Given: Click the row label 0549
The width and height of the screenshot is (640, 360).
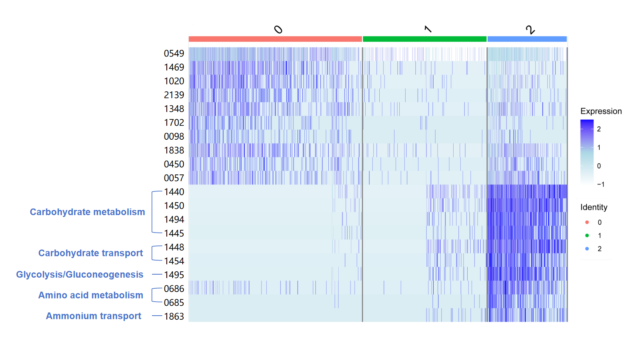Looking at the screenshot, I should pos(174,54).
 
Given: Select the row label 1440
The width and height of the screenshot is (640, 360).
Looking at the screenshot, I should pos(174,192).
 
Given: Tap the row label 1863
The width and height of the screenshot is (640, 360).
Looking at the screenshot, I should pos(174,316).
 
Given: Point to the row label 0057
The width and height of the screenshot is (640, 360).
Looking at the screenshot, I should pos(174,178).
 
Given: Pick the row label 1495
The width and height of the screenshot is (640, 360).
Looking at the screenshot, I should pos(174,275).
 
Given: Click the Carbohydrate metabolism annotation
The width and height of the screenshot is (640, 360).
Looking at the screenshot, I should pos(87,212).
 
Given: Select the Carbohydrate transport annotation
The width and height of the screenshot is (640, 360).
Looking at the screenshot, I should pos(91,253).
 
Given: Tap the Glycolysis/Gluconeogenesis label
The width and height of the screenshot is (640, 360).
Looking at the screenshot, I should pos(79,275).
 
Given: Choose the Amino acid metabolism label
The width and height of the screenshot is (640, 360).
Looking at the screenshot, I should pos(91,295).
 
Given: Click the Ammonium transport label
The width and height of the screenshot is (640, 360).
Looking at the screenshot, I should pos(94,316).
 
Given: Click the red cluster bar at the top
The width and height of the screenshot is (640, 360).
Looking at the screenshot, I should pos(275,39).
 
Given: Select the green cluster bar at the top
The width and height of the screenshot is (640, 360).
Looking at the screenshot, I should pos(424,39).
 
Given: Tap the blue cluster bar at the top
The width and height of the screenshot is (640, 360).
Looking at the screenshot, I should pos(527,39).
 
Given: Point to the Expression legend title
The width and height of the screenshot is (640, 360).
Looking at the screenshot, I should pos(601,111).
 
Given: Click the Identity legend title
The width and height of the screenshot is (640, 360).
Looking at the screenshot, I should pos(593,207).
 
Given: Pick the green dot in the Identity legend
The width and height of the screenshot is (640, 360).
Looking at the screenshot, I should pos(587,235).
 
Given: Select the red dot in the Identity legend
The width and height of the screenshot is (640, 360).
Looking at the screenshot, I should pos(587,222).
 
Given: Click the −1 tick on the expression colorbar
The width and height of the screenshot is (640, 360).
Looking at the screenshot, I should pos(600,184).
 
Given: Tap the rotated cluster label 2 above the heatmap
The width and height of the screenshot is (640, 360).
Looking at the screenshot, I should pos(530,30).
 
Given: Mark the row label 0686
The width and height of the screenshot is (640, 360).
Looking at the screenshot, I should pos(174,289).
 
